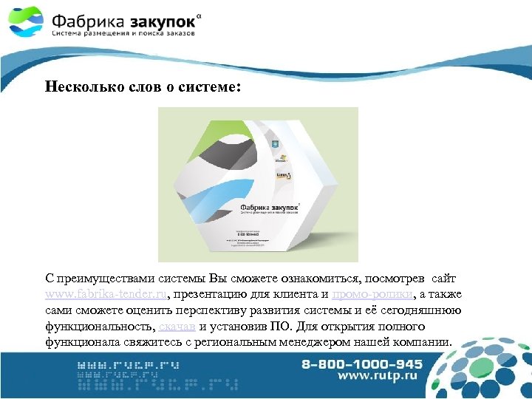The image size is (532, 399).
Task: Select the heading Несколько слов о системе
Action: pyautogui.click(x=142, y=86)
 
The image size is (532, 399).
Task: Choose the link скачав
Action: pyautogui.click(x=177, y=326)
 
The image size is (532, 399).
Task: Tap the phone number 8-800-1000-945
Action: pyautogui.click(x=361, y=364)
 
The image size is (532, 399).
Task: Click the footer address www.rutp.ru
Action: pyautogui.click(x=378, y=376)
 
